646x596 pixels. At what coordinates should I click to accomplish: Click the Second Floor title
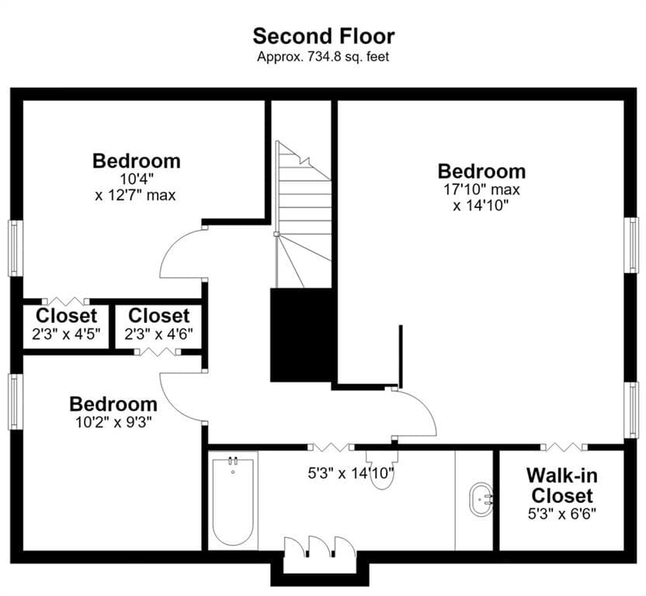(324, 36)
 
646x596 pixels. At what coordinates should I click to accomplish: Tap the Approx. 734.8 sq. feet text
(323, 57)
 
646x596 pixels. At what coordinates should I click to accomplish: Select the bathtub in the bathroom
(233, 501)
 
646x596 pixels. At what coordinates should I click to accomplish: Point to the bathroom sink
(481, 499)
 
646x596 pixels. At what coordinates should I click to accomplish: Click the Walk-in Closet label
(561, 486)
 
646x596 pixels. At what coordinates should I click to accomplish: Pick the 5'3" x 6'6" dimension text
(562, 514)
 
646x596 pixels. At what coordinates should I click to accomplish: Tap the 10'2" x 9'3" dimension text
(113, 422)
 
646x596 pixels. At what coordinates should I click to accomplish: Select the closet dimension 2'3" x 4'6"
(158, 334)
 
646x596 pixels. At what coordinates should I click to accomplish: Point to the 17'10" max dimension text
(481, 189)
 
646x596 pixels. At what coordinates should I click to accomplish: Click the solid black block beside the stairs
(300, 335)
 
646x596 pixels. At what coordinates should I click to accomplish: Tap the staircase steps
(304, 214)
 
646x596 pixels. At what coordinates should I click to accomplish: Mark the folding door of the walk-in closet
(564, 446)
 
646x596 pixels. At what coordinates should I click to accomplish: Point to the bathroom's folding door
(331, 446)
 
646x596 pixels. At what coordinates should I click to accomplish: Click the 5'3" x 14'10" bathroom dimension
(351, 473)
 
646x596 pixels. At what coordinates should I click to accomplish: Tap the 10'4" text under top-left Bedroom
(137, 179)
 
